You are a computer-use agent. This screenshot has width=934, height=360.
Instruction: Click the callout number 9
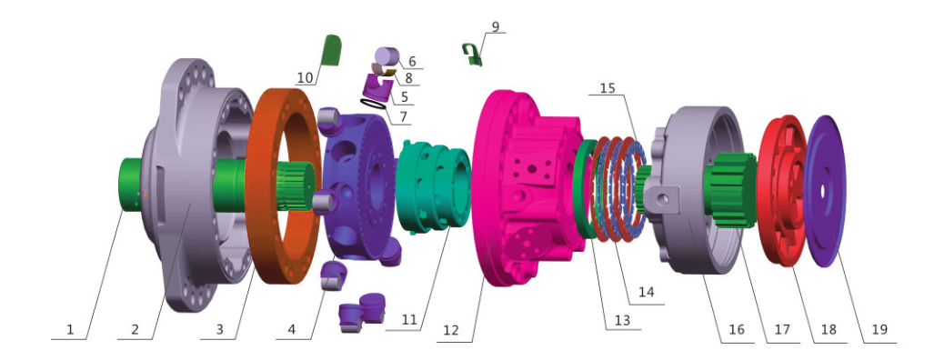(496, 26)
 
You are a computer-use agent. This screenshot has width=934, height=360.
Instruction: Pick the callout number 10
(305, 77)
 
